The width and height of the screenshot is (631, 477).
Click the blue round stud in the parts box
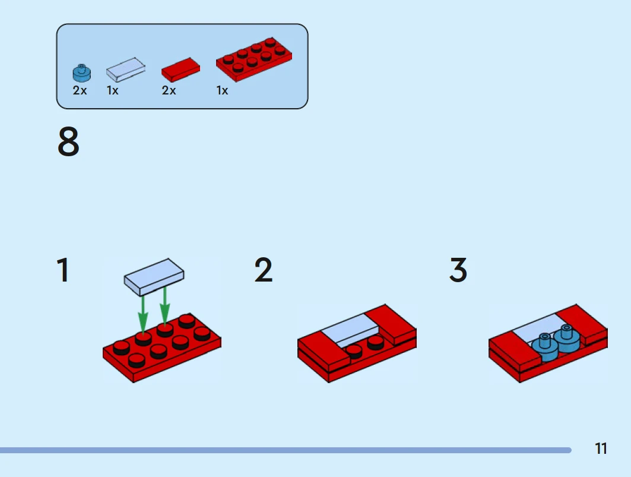point(82,72)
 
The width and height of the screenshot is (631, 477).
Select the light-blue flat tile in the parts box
point(126,70)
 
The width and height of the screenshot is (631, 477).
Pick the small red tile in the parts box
point(180,71)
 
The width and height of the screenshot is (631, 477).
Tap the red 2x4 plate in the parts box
point(254,59)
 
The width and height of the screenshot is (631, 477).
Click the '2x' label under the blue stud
point(80,91)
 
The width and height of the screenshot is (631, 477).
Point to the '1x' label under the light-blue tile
point(112,91)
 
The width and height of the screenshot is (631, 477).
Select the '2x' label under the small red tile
point(169,91)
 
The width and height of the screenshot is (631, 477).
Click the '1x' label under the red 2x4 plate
point(222,91)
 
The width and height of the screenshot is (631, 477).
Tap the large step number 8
point(68,143)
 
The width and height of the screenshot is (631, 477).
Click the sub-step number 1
point(63,270)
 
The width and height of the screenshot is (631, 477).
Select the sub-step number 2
point(264,270)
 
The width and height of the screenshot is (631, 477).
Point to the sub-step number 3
point(458,270)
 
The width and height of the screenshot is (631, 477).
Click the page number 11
point(601,448)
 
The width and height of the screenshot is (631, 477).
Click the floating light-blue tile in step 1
point(154,276)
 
